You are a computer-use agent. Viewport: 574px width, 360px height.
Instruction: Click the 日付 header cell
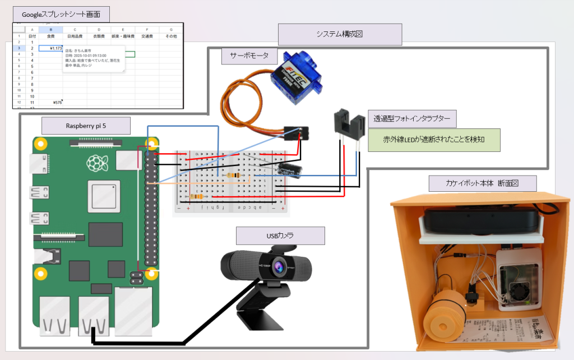pos(32,36)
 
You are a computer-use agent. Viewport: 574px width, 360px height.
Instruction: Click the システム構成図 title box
pos(340,34)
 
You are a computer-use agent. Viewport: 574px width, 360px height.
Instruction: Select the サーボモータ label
pos(249,56)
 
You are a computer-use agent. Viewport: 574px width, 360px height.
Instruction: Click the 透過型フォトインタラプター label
pos(411,119)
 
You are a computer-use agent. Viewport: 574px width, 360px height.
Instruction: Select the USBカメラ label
pos(280,236)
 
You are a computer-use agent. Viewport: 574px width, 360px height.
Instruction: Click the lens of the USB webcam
pos(277,269)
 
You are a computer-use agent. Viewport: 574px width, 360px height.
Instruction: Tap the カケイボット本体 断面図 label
pos(483,183)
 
